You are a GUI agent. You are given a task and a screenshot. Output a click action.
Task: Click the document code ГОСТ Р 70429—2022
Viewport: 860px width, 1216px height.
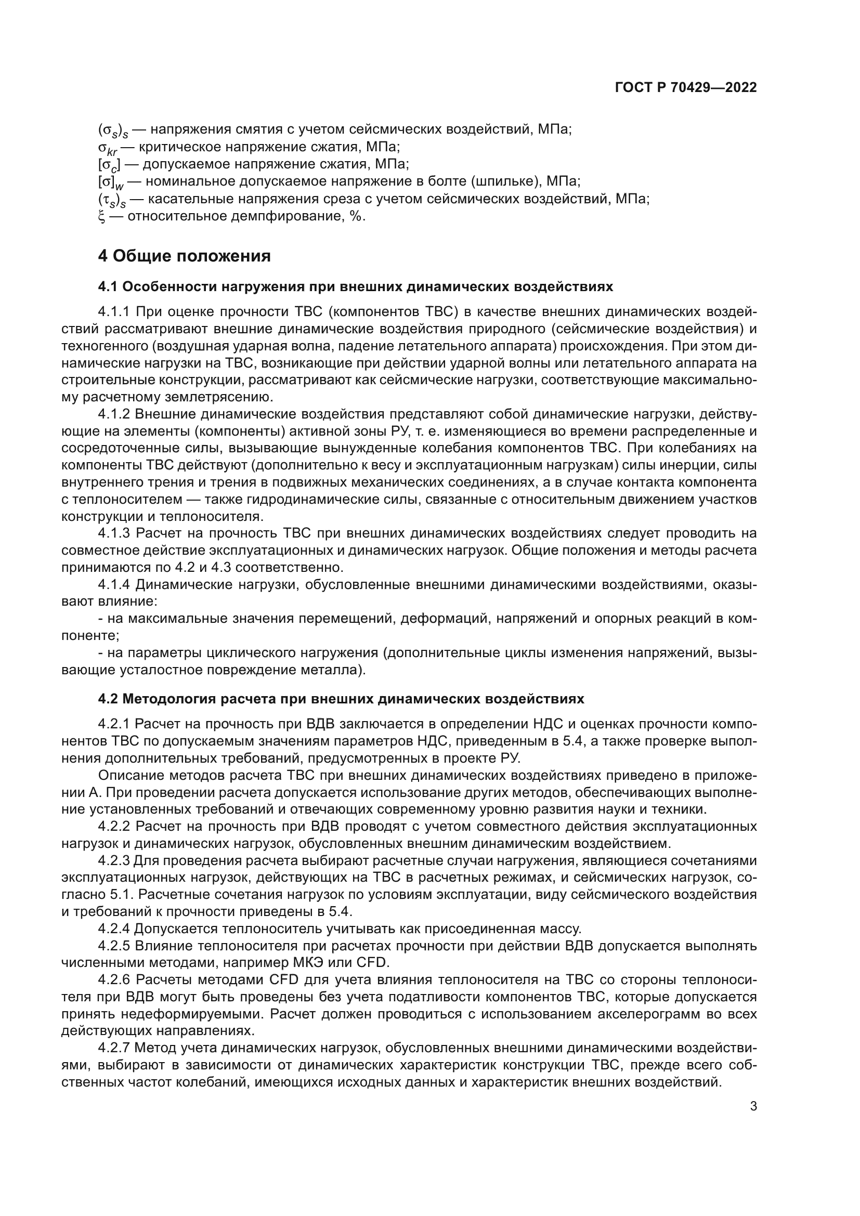click(x=686, y=88)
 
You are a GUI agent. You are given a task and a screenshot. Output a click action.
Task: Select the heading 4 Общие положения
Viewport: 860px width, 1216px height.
click(x=184, y=256)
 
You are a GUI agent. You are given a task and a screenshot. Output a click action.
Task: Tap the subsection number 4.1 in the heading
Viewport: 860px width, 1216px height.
click(x=109, y=287)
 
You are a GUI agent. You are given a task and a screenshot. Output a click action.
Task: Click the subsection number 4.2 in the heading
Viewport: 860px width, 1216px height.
click(x=109, y=699)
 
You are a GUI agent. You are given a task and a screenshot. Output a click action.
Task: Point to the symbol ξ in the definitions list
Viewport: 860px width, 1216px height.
click(x=102, y=217)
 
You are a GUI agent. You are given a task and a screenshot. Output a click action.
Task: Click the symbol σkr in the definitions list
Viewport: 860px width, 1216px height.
click(x=109, y=148)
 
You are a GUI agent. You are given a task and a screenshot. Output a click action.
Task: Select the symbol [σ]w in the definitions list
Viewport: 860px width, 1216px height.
click(x=110, y=182)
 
